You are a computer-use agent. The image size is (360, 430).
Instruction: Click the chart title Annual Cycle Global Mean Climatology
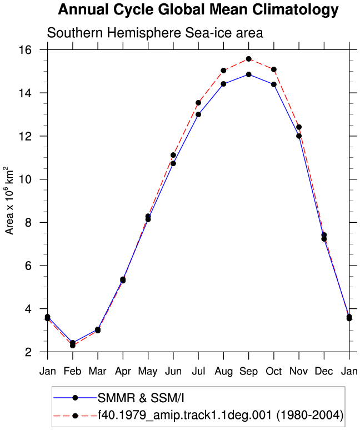point(198,10)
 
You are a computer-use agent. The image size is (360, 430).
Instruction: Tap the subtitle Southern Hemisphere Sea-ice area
point(155,33)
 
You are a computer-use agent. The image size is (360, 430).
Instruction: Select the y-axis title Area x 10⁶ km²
point(9,201)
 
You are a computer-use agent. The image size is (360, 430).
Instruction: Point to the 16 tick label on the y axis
point(25,50)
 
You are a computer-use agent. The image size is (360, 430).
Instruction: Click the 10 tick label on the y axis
point(25,179)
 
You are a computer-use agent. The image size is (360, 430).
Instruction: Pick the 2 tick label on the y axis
point(28,352)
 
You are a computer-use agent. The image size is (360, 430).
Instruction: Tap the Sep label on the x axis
point(249,371)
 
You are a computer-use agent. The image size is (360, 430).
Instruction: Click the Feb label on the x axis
point(73,371)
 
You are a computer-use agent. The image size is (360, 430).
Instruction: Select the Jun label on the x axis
point(173,371)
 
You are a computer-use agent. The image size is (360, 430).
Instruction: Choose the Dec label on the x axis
point(324,371)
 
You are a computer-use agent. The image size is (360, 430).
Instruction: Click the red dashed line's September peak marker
point(249,59)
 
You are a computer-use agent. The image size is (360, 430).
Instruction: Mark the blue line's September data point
point(249,74)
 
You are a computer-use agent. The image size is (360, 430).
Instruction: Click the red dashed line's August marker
point(223,71)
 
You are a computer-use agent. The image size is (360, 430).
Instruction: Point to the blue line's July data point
point(198,114)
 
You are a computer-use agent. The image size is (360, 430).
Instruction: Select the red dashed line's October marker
point(274,69)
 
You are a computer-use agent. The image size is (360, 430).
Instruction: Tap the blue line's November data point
point(299,136)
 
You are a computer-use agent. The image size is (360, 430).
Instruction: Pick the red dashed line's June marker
point(173,155)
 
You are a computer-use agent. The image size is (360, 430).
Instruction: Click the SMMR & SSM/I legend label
point(141,398)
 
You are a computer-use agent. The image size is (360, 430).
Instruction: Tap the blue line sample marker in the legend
point(75,398)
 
